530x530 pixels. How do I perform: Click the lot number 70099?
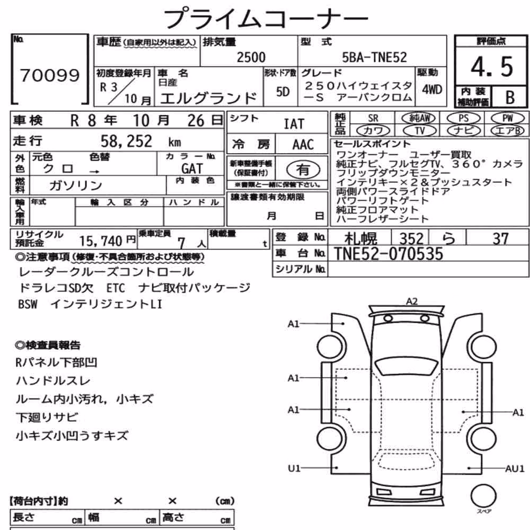click(50, 75)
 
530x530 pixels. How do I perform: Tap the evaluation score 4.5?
click(492, 67)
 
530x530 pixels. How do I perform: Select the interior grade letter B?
click(510, 98)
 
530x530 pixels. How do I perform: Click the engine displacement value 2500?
click(251, 57)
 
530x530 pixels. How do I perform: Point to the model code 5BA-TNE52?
click(375, 57)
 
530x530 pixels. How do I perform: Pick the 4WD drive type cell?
click(432, 90)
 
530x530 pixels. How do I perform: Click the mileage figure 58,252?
click(127, 141)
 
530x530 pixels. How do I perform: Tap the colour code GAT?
click(192, 169)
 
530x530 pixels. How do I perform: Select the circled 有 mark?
click(303, 170)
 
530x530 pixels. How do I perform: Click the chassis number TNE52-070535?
click(388, 254)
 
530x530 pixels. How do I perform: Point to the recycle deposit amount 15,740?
click(101, 241)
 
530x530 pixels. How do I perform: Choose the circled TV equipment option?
click(419, 130)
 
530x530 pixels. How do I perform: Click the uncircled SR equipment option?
click(373, 118)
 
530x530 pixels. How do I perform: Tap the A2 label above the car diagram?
click(412, 301)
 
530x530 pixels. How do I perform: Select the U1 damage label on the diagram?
click(294, 468)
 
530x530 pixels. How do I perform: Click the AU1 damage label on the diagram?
click(515, 469)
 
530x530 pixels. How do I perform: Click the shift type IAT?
click(294, 124)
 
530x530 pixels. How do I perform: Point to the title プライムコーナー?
click(266, 18)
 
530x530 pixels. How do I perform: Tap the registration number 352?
click(411, 238)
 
